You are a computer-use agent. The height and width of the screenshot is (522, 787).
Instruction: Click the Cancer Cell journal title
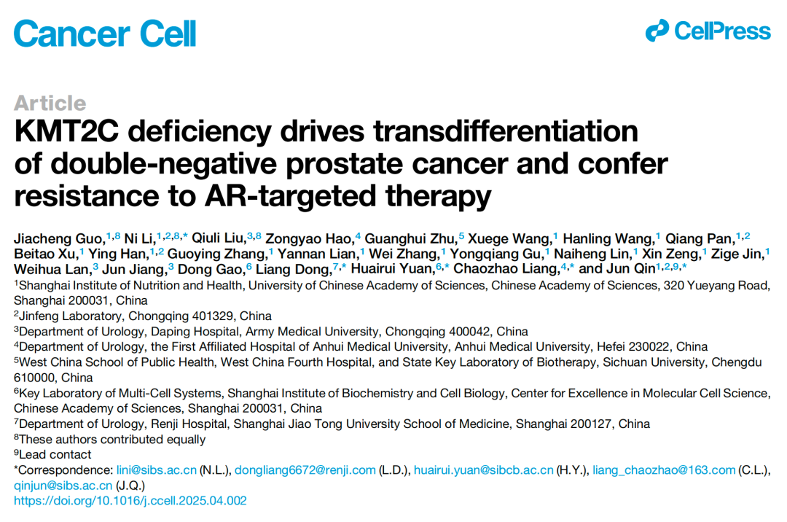point(105,33)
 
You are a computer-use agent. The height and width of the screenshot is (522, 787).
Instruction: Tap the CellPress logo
point(708,31)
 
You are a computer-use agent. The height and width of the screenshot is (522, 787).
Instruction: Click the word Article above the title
point(50,103)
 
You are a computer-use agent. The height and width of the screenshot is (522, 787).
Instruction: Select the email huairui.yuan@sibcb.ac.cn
point(483,470)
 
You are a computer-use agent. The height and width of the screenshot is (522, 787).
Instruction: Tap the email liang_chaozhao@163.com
point(663,470)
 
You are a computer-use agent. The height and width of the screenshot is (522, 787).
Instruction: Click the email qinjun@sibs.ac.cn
point(63,486)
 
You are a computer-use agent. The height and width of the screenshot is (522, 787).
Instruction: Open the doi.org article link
point(130,501)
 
